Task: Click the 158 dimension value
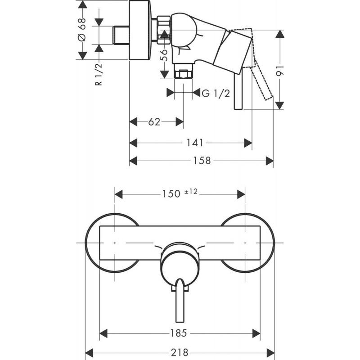(202, 161)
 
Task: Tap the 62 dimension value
(154, 121)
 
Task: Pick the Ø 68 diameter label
(81, 31)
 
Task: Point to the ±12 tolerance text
(191, 192)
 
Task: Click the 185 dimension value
(179, 333)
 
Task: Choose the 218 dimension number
(180, 352)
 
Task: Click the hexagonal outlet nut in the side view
(184, 74)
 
